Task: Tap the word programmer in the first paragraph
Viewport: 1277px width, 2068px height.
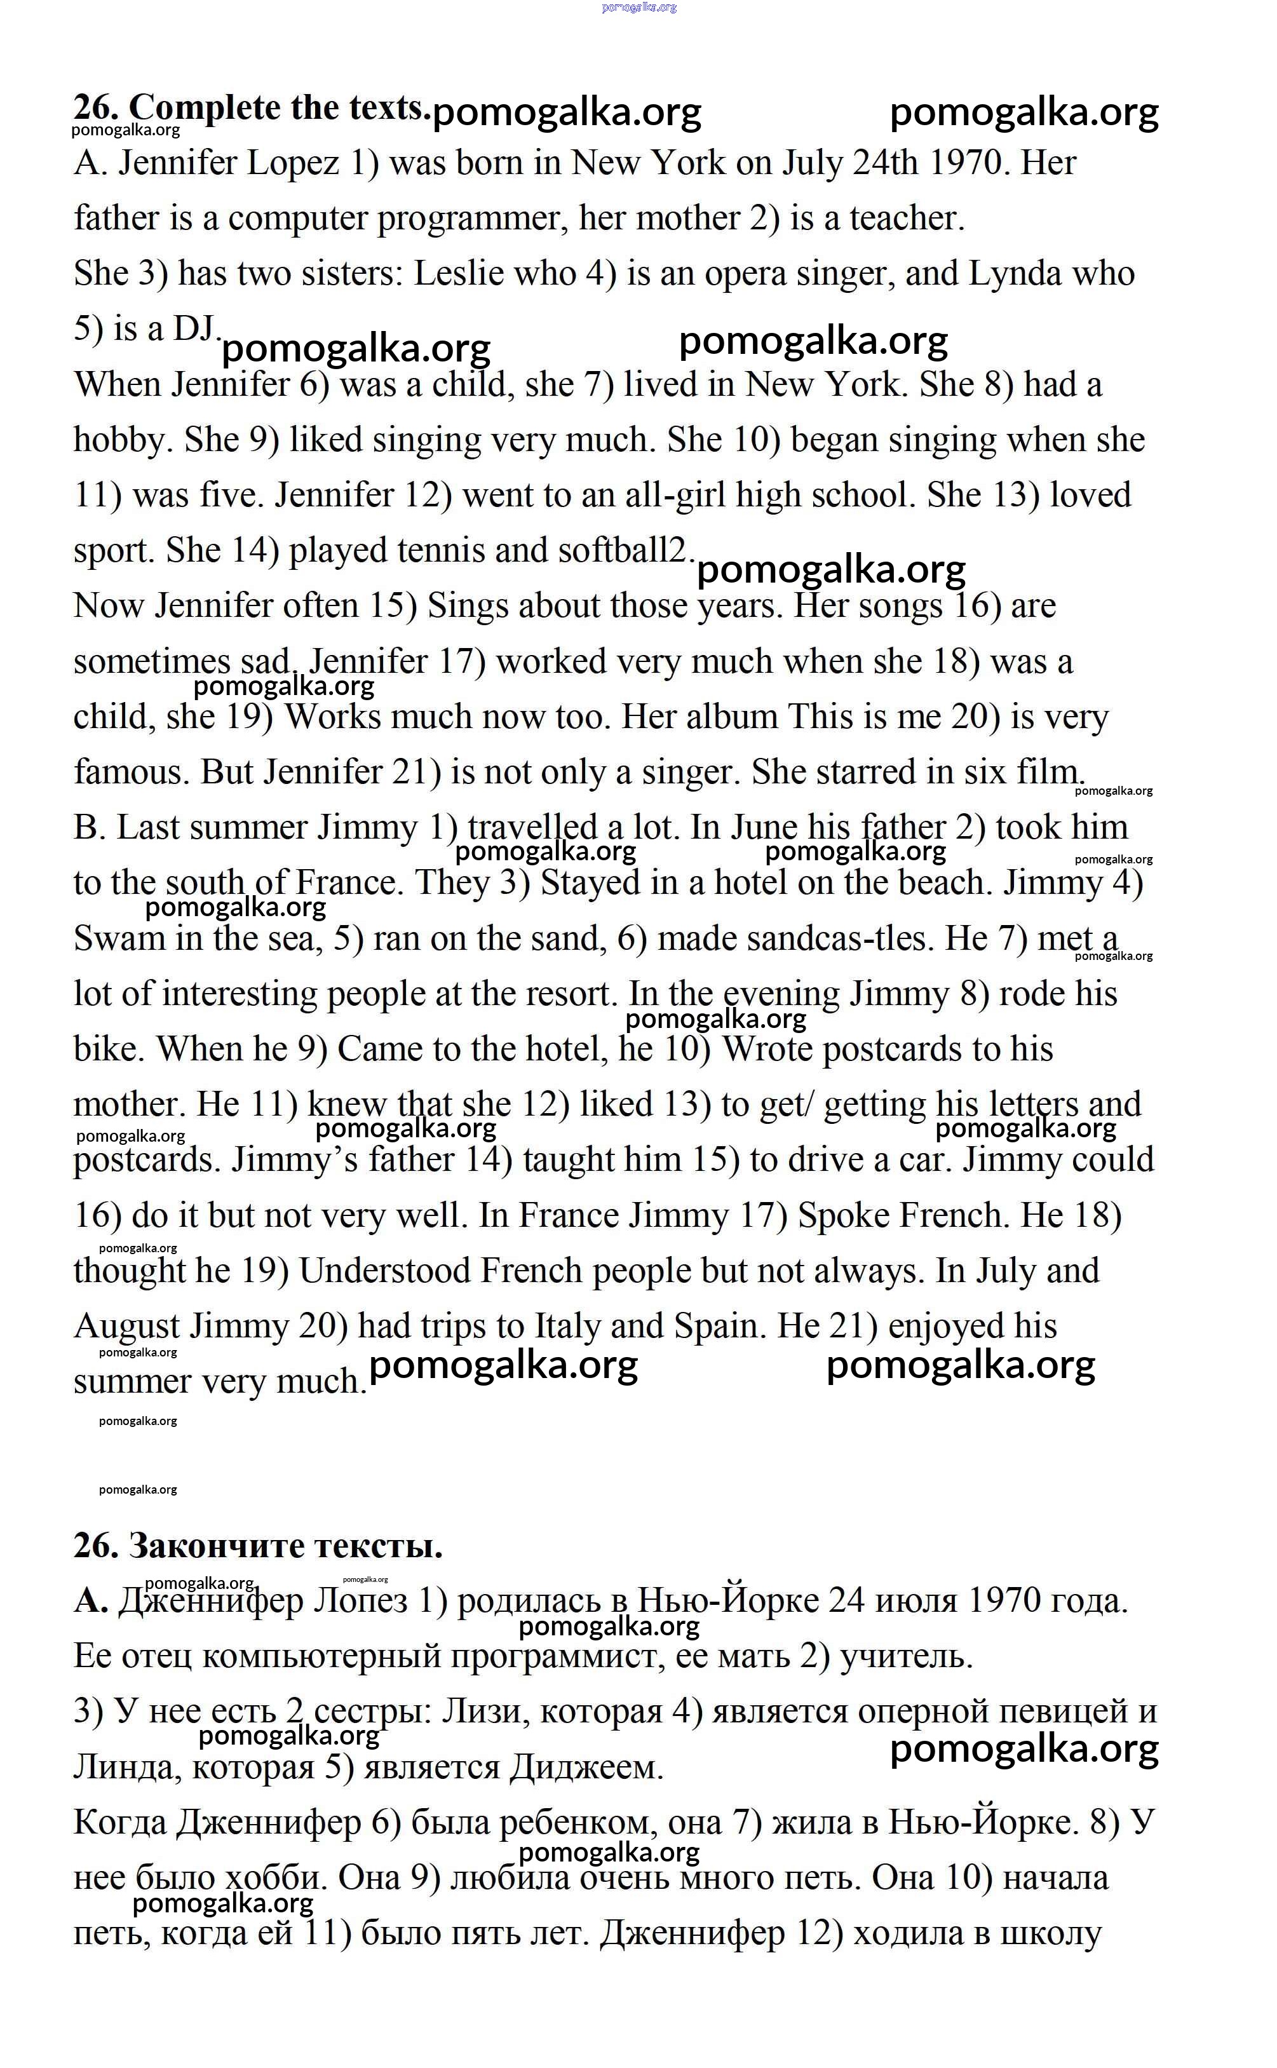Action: tap(468, 219)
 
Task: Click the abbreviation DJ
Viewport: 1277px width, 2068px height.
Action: tap(195, 328)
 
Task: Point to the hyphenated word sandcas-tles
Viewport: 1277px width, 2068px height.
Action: tap(792, 939)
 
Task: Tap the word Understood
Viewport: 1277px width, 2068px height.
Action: tap(384, 1271)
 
